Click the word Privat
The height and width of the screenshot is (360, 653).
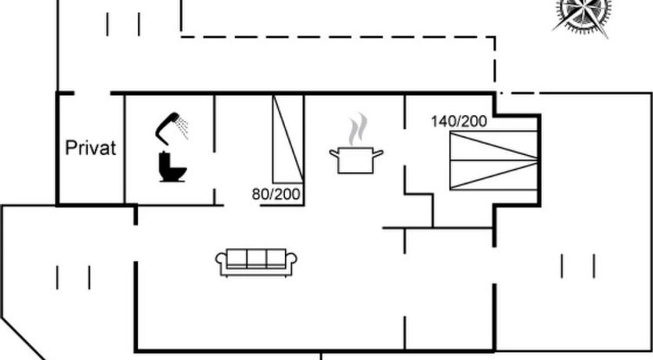point(90,148)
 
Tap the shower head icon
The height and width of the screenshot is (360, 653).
point(167,127)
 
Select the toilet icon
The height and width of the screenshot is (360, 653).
point(172,167)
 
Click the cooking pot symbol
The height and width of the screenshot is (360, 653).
point(356,160)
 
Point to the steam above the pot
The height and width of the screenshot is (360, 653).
point(358,129)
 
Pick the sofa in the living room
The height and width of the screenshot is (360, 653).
point(256,263)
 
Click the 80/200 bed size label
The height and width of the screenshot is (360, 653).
point(276,194)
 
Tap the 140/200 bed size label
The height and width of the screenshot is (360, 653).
point(459,121)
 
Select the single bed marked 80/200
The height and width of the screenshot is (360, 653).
point(288,139)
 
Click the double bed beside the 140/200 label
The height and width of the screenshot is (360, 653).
point(493,160)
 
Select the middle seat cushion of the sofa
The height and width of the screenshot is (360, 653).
point(256,258)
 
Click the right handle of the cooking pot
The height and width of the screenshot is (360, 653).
point(377,153)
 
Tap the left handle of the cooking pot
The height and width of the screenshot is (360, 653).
point(334,153)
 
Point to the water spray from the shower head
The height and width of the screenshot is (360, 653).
point(182,128)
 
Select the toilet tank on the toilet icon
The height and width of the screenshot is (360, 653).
point(164,160)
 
